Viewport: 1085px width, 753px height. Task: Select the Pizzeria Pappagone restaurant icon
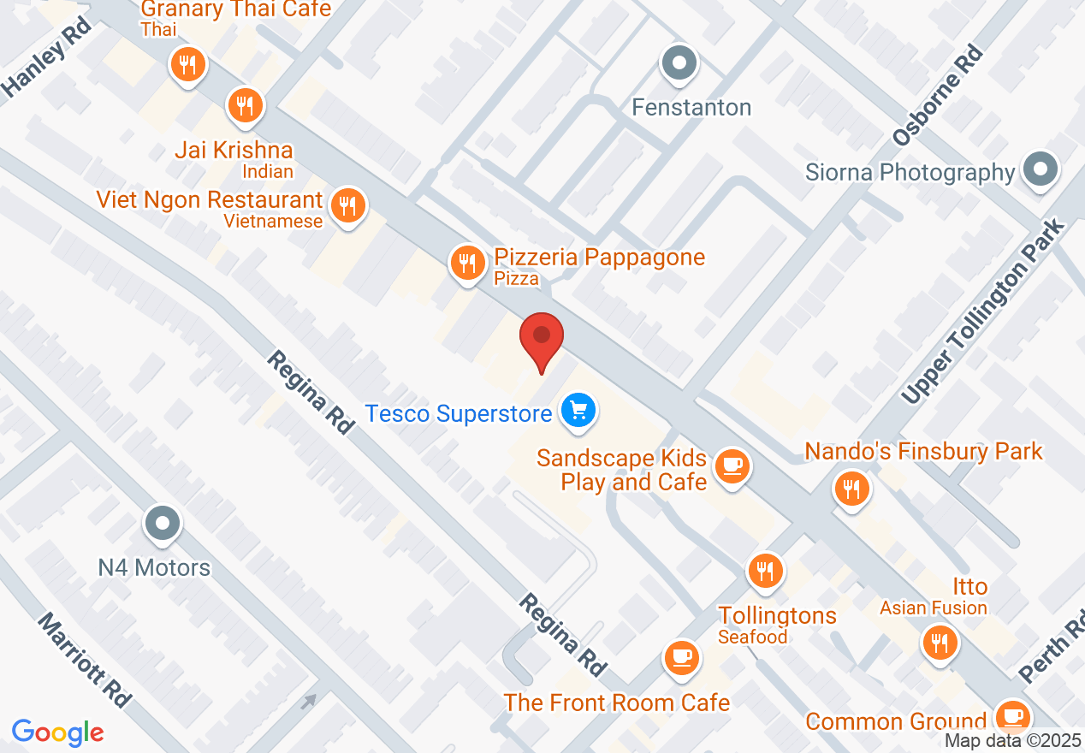pos(466,261)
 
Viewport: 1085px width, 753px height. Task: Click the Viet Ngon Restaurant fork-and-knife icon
pos(347,205)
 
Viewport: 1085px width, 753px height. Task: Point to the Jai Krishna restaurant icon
pos(245,106)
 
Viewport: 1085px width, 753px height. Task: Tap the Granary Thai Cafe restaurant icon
pos(187,64)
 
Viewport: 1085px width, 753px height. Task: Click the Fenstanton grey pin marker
pos(680,62)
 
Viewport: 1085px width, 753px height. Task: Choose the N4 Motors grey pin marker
pos(163,521)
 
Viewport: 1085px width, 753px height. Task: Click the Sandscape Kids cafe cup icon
pos(732,465)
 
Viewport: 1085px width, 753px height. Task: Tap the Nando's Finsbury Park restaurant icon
pos(851,489)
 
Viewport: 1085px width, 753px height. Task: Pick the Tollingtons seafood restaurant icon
pos(765,569)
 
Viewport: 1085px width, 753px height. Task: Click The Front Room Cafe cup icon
pos(682,657)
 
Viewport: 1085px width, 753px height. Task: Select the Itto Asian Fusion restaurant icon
pos(940,641)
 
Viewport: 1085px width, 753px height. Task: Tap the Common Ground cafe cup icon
pos(1013,714)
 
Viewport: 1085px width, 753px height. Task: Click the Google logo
pos(57,732)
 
